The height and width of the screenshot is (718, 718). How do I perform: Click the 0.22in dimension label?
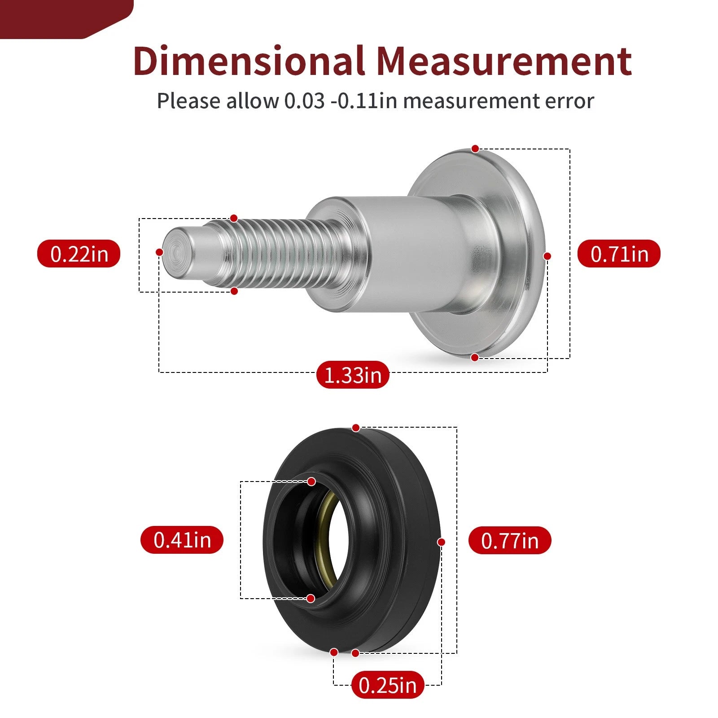point(79,254)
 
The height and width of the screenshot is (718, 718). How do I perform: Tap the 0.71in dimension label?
point(619,254)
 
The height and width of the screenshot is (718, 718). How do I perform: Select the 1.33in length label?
point(353,375)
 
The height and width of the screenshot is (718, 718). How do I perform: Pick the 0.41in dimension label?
point(182,539)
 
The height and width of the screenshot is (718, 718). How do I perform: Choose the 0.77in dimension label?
point(510,540)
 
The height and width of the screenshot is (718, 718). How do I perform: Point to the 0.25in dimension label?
point(388,685)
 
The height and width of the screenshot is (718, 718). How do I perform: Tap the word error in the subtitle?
point(569,101)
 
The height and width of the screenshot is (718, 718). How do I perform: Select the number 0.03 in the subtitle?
point(304,101)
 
